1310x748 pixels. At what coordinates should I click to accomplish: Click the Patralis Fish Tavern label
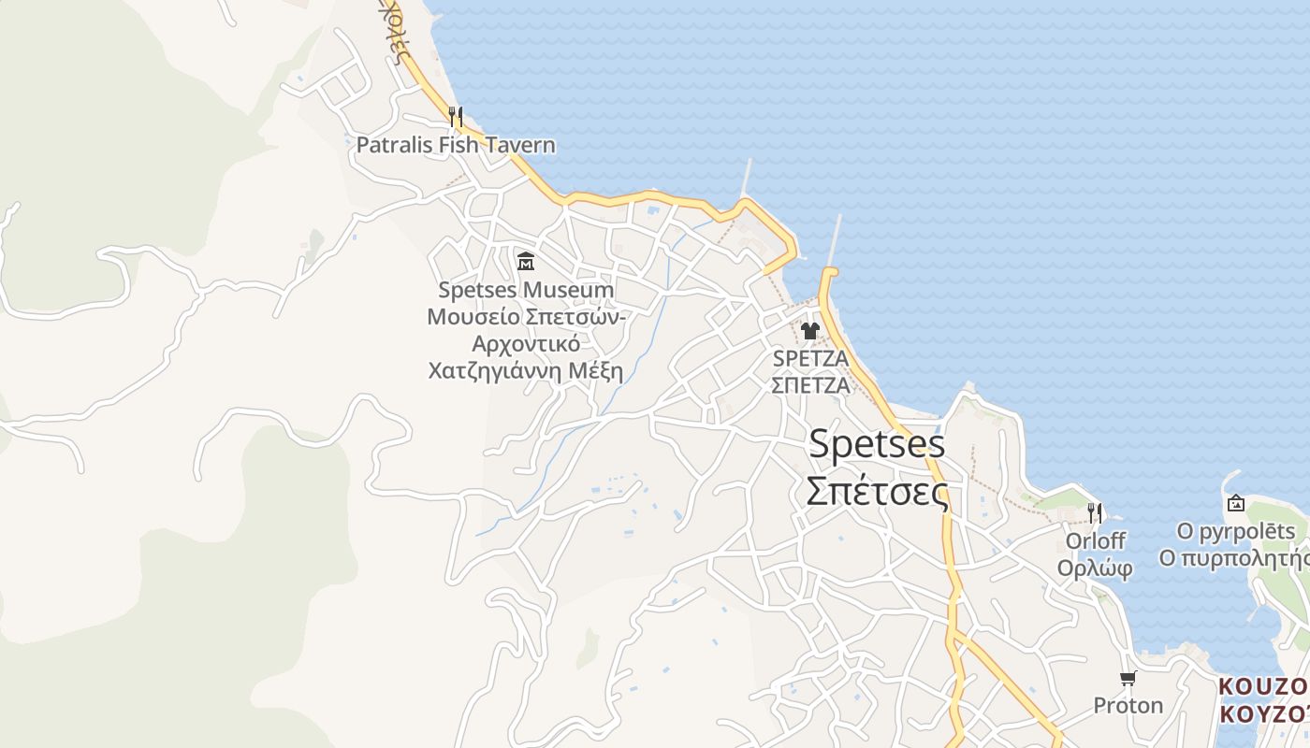click(x=456, y=146)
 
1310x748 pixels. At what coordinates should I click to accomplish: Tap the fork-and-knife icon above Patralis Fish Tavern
click(x=456, y=117)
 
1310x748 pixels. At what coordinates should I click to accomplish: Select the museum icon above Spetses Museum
click(x=526, y=261)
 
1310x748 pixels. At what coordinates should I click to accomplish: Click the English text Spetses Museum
click(x=526, y=291)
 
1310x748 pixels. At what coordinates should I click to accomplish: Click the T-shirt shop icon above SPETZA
click(x=810, y=330)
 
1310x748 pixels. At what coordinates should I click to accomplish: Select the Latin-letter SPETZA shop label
click(x=810, y=358)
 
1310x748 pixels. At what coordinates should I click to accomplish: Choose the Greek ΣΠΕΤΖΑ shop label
click(x=810, y=384)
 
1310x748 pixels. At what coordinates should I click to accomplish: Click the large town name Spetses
click(x=877, y=444)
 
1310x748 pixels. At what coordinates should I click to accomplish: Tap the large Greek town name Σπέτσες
click(x=877, y=491)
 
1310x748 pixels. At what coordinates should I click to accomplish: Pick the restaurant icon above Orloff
click(x=1095, y=513)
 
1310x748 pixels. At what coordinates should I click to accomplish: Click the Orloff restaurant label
click(x=1095, y=541)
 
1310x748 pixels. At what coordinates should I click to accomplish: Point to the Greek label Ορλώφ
click(x=1095, y=568)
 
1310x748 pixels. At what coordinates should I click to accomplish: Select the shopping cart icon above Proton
click(x=1128, y=678)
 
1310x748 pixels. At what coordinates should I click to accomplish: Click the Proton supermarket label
click(x=1128, y=705)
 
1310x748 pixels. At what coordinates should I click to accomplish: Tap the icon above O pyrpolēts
click(x=1236, y=504)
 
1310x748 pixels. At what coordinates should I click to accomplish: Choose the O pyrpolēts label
click(x=1236, y=532)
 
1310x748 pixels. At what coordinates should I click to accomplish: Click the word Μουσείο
click(x=472, y=317)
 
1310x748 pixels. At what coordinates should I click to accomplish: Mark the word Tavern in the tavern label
click(x=519, y=146)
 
